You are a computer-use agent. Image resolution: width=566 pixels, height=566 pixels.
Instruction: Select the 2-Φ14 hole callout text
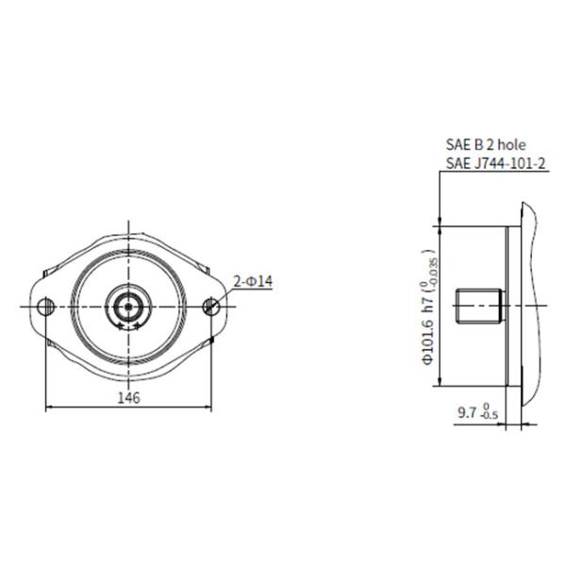[x=253, y=280]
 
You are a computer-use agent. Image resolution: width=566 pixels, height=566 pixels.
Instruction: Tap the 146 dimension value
[x=129, y=398]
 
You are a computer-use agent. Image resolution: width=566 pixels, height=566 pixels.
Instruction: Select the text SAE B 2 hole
[x=485, y=146]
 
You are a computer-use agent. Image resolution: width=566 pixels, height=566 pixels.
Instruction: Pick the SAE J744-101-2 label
[x=494, y=164]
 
